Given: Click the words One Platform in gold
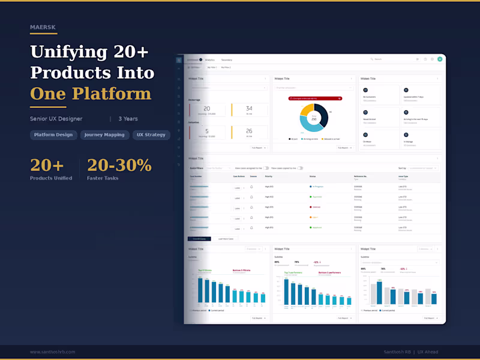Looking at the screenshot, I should (91, 94).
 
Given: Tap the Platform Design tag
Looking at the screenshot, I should (53, 135).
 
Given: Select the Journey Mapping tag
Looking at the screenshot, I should (104, 135).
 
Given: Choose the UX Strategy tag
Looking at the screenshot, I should (151, 135).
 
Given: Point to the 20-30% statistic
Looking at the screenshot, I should (119, 165).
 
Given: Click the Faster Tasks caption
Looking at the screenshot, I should (103, 178).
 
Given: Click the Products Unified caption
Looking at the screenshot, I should (52, 178).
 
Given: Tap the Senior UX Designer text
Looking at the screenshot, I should (56, 119).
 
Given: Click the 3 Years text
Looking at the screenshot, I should (128, 119).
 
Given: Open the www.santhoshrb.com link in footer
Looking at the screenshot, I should (53, 352).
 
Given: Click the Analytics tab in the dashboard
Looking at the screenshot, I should (210, 60).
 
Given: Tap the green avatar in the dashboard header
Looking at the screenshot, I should (440, 59).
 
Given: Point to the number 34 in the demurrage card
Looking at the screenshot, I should (248, 109).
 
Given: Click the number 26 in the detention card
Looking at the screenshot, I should (248, 131).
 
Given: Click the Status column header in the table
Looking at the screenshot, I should (313, 176).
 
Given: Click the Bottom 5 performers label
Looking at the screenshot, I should (329, 272).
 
